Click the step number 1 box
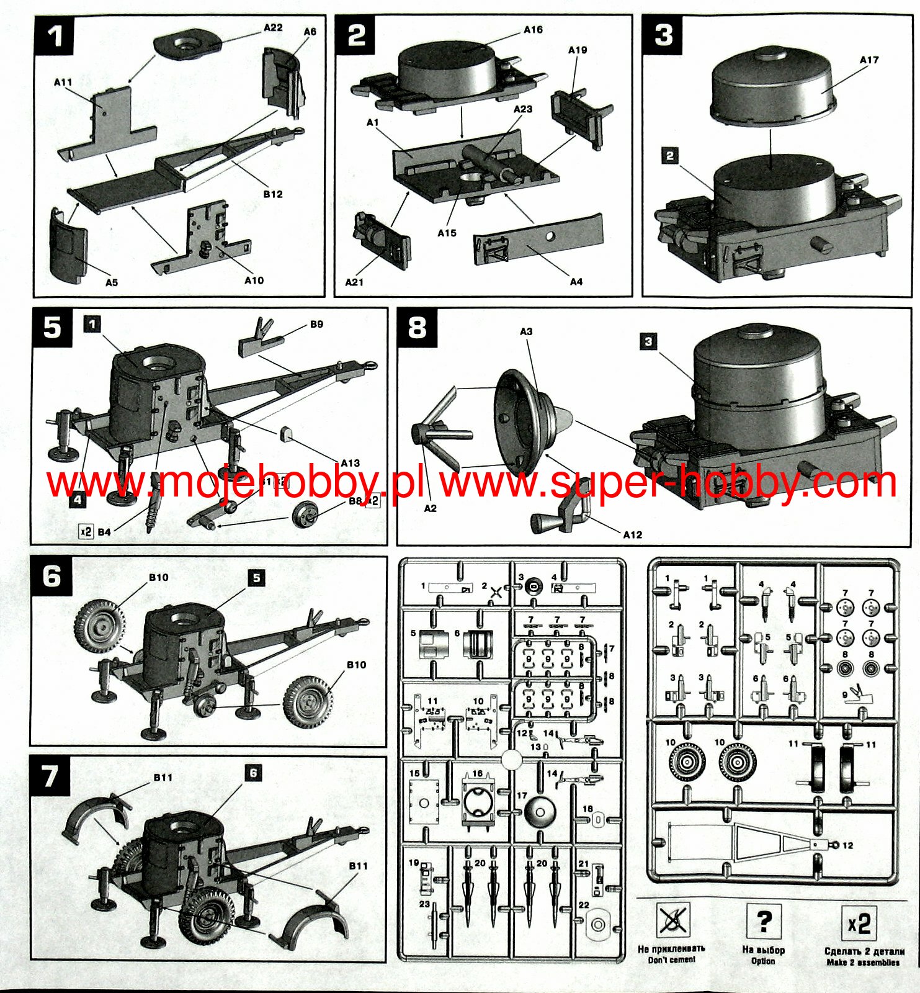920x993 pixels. [x=54, y=35]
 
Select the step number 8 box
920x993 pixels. [x=417, y=327]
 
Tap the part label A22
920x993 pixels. [x=273, y=28]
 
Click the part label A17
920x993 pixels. [x=869, y=60]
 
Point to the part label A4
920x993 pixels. [x=576, y=282]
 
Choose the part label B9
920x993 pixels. [x=316, y=324]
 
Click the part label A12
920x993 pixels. [x=632, y=534]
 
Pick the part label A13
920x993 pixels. [x=350, y=463]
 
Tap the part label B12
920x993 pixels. [x=272, y=194]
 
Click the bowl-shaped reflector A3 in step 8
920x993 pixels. [x=521, y=422]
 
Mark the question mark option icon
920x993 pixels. [x=764, y=922]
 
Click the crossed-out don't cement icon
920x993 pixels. [x=672, y=922]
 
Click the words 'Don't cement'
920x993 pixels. [x=672, y=960]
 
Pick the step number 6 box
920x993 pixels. [x=52, y=576]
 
